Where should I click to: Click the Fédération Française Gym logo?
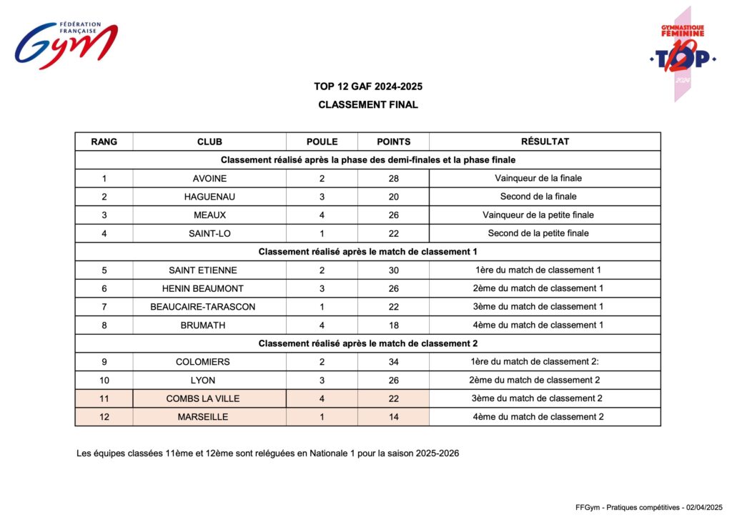(x=66, y=46)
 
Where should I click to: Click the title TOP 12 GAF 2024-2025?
(x=368, y=87)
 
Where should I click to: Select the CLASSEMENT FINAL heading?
(x=368, y=104)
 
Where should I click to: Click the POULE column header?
(x=322, y=142)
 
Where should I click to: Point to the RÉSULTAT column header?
(x=545, y=142)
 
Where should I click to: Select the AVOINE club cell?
(x=209, y=178)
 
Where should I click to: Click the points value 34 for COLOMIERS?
(x=393, y=362)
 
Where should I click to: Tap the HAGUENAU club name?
(x=209, y=197)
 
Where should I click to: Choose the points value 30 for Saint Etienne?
(x=393, y=270)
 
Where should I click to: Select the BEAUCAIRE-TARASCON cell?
(x=203, y=307)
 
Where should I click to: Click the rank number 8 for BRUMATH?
(x=104, y=325)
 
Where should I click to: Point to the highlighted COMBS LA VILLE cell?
(x=203, y=398)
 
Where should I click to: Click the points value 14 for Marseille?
(x=393, y=417)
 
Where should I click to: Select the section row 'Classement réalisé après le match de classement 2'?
(x=367, y=343)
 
